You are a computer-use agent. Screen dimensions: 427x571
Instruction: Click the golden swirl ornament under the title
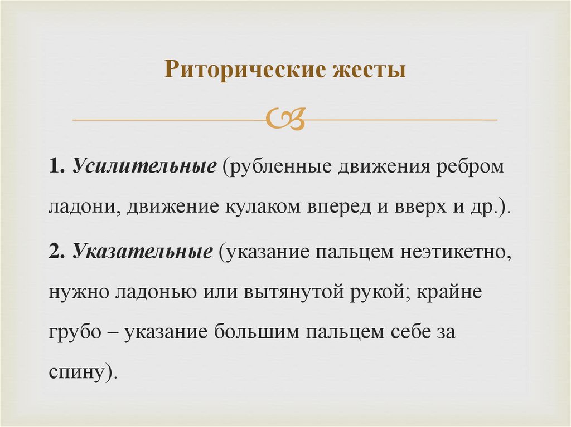click(286, 119)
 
